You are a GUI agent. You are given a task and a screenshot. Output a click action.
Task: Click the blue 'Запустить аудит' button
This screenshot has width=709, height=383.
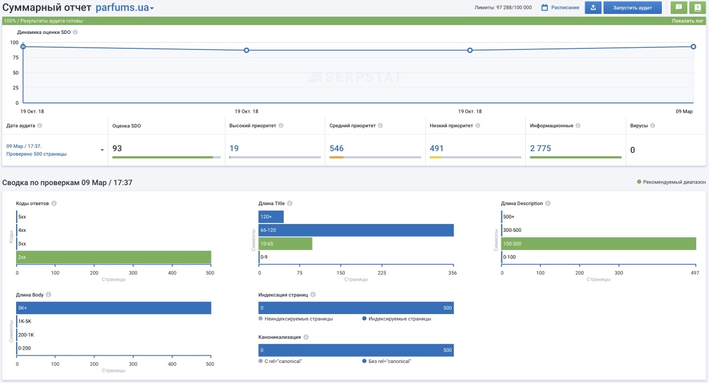[x=632, y=8]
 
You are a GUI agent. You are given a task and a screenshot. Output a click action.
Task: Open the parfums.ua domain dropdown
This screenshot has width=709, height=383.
[x=125, y=7]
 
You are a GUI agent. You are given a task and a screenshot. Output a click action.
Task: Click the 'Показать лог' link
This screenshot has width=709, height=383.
[x=687, y=21]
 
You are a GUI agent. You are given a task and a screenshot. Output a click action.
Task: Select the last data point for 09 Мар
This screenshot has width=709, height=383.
[x=693, y=47]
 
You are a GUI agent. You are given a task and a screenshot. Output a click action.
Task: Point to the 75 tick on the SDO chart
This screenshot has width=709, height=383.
[x=16, y=57]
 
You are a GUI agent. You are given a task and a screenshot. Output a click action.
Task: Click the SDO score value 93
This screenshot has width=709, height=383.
[x=117, y=148]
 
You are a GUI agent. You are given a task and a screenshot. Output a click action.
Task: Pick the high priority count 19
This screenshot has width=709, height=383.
[x=234, y=148]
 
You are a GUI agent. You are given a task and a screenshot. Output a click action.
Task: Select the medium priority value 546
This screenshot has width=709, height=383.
[x=336, y=148]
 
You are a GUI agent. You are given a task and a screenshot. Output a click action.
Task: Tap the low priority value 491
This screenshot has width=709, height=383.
[x=436, y=148]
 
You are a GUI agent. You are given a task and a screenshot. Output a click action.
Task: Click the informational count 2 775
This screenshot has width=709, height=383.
[x=540, y=148]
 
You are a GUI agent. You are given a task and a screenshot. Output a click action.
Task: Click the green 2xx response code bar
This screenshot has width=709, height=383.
[x=114, y=257]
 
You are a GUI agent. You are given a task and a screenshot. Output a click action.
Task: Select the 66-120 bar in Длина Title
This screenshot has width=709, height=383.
[x=356, y=230]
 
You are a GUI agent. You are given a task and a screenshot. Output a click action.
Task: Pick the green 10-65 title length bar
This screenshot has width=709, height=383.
[x=285, y=243]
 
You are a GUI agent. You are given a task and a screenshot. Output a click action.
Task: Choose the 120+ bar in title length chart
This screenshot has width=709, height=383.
[x=271, y=217]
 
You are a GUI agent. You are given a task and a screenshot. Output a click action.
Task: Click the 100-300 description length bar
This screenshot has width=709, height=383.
[x=599, y=243]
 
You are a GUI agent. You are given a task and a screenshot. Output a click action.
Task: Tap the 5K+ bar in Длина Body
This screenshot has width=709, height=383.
[x=114, y=308]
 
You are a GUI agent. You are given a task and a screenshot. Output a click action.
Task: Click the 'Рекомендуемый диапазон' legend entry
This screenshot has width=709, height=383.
[x=671, y=182]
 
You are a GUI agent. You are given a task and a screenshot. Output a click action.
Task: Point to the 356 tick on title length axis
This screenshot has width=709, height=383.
[x=452, y=273]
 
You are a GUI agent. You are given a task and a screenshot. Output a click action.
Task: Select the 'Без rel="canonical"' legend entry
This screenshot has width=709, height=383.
[x=386, y=361]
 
